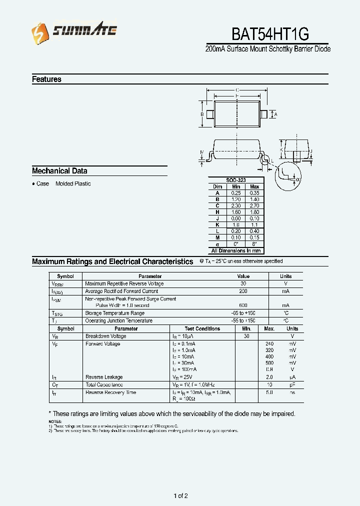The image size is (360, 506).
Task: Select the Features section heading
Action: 46,79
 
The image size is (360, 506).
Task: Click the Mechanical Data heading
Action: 59,170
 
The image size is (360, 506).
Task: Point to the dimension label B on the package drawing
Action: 202,114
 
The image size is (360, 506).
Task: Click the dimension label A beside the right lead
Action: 275,114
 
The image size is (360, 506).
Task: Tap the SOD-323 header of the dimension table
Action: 236,180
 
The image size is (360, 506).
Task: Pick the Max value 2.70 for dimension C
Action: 254,205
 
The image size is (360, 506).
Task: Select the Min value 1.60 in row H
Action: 236,212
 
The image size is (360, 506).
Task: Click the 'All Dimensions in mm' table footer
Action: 236,250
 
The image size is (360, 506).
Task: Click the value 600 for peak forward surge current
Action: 243,305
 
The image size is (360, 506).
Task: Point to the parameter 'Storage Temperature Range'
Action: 114,313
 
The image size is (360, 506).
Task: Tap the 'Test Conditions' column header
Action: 202,328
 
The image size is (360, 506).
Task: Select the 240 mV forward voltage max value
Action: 269,344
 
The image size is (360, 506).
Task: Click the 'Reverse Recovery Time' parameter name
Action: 110,392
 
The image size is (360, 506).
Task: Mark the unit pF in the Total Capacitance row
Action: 292,385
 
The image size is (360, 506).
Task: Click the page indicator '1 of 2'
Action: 180,496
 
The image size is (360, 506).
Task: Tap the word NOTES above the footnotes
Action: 55,422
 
